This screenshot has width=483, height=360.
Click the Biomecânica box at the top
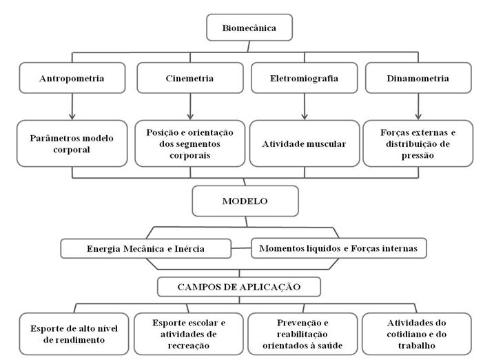click(249, 28)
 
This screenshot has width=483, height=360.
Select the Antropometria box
click(72, 78)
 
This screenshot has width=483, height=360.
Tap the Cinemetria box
click(190, 78)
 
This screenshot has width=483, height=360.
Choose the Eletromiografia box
click(305, 78)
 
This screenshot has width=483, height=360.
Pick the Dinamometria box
click(418, 78)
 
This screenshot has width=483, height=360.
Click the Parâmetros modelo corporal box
click(72, 143)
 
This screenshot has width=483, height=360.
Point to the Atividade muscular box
click(305, 143)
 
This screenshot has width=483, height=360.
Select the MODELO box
click(245, 201)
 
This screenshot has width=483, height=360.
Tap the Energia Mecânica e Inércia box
click(145, 248)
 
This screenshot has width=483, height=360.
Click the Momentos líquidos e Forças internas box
click(339, 248)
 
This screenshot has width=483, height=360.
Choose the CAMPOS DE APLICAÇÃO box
click(239, 287)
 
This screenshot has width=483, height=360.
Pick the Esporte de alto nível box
click(74, 334)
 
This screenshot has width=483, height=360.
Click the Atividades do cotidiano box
click(417, 334)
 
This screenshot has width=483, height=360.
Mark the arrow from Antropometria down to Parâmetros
click(72, 107)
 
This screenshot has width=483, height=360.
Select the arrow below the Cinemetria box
click(190, 107)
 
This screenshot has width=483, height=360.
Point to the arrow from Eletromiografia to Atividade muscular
click(305, 107)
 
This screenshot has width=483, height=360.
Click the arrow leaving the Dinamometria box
click(418, 107)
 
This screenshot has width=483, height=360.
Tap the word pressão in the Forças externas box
click(418, 155)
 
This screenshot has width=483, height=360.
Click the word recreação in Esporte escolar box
click(189, 346)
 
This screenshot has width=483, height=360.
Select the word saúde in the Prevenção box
click(330, 346)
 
